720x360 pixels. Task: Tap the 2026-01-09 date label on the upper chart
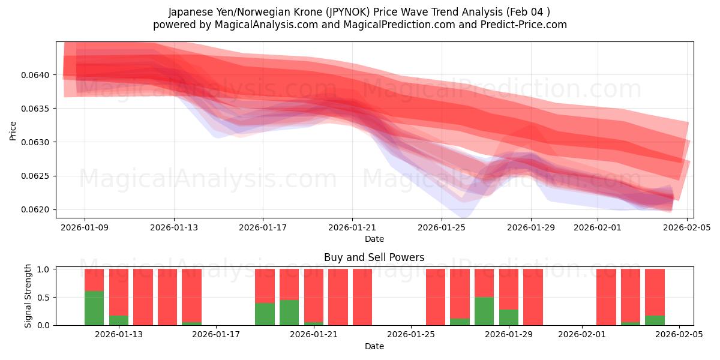coord(85,227)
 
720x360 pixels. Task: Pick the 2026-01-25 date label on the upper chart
coord(442,227)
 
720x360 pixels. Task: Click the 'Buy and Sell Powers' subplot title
coord(374,257)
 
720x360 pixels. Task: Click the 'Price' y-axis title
coord(13,130)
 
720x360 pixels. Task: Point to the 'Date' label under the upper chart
coord(374,239)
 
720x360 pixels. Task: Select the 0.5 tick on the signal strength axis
coord(44,297)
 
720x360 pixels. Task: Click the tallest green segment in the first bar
coord(94,308)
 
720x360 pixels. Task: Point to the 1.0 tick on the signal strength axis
coord(44,269)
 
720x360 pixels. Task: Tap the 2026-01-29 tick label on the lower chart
coord(509,335)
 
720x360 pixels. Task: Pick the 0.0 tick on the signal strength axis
coord(44,325)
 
